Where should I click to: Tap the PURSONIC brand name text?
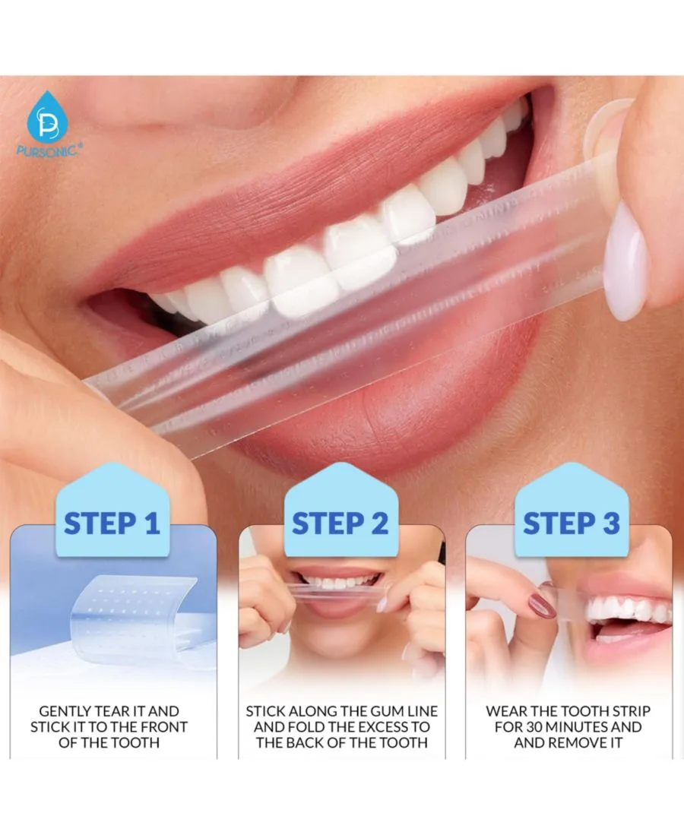[49, 150]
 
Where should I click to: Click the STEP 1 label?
[112, 523]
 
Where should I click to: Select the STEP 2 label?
[340, 523]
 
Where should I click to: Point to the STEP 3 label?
[571, 523]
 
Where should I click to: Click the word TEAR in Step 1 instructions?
[112, 711]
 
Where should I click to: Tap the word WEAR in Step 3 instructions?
[505, 711]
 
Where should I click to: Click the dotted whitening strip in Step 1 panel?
[133, 612]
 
